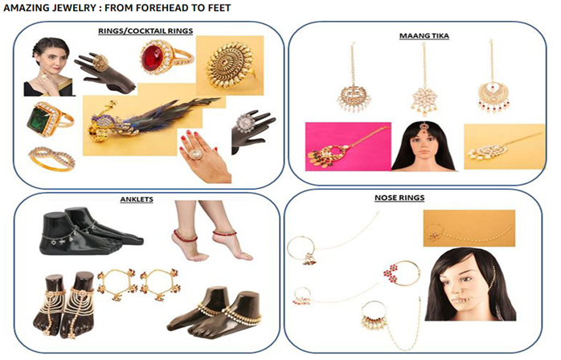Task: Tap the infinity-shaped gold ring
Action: point(52,157)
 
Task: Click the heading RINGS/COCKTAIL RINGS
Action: point(145,31)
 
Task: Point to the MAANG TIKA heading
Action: point(424,36)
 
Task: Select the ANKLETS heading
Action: point(137,199)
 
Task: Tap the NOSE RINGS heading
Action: point(399,198)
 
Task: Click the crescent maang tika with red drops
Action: point(493,94)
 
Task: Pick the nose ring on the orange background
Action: point(469,229)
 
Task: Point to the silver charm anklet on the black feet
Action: point(68,232)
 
